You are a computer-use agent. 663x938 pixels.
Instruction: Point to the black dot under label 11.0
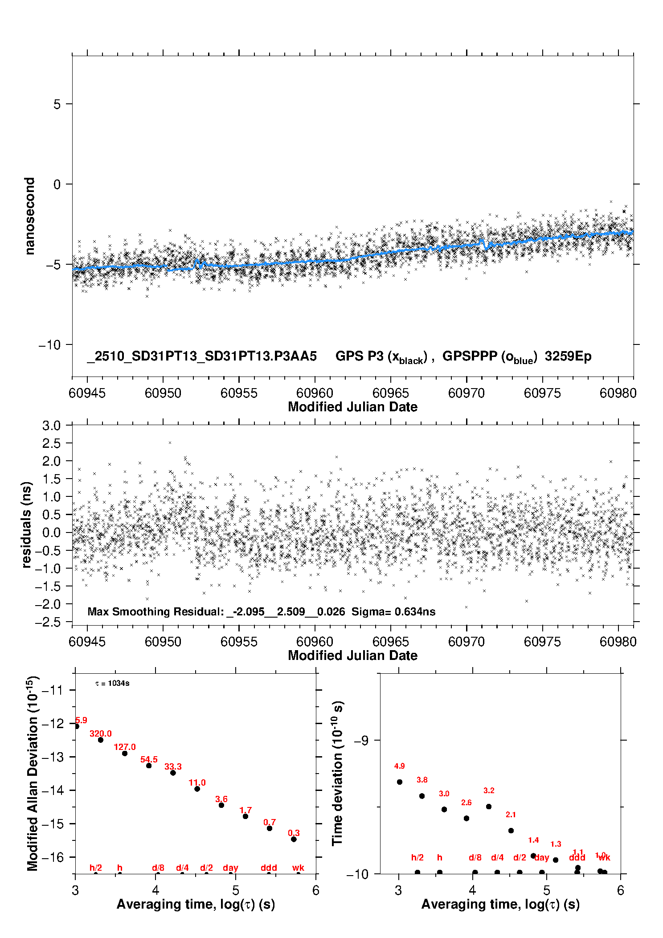pos(197,789)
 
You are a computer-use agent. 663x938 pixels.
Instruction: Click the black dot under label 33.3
pos(173,773)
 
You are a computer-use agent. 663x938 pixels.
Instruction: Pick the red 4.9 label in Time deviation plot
pos(399,766)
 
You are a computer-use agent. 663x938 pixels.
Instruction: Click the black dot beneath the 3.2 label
pos(489,807)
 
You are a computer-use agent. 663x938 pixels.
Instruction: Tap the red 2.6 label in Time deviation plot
pos(466,803)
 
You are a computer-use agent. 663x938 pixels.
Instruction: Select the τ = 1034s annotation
pos(112,684)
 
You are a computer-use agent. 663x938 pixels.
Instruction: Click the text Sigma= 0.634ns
pos(393,612)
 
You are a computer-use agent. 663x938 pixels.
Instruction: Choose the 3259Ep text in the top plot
pos(568,356)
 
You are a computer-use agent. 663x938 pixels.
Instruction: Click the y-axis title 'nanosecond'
pos(29,216)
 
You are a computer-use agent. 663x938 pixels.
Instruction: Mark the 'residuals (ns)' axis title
pos(27,524)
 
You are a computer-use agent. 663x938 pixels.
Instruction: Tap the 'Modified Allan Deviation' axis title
pos(33,773)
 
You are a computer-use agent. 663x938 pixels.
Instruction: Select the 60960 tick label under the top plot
pos(315,393)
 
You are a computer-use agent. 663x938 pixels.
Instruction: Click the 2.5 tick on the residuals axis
pos(51,443)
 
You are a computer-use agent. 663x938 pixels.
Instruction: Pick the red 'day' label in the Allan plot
pos(230,868)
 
